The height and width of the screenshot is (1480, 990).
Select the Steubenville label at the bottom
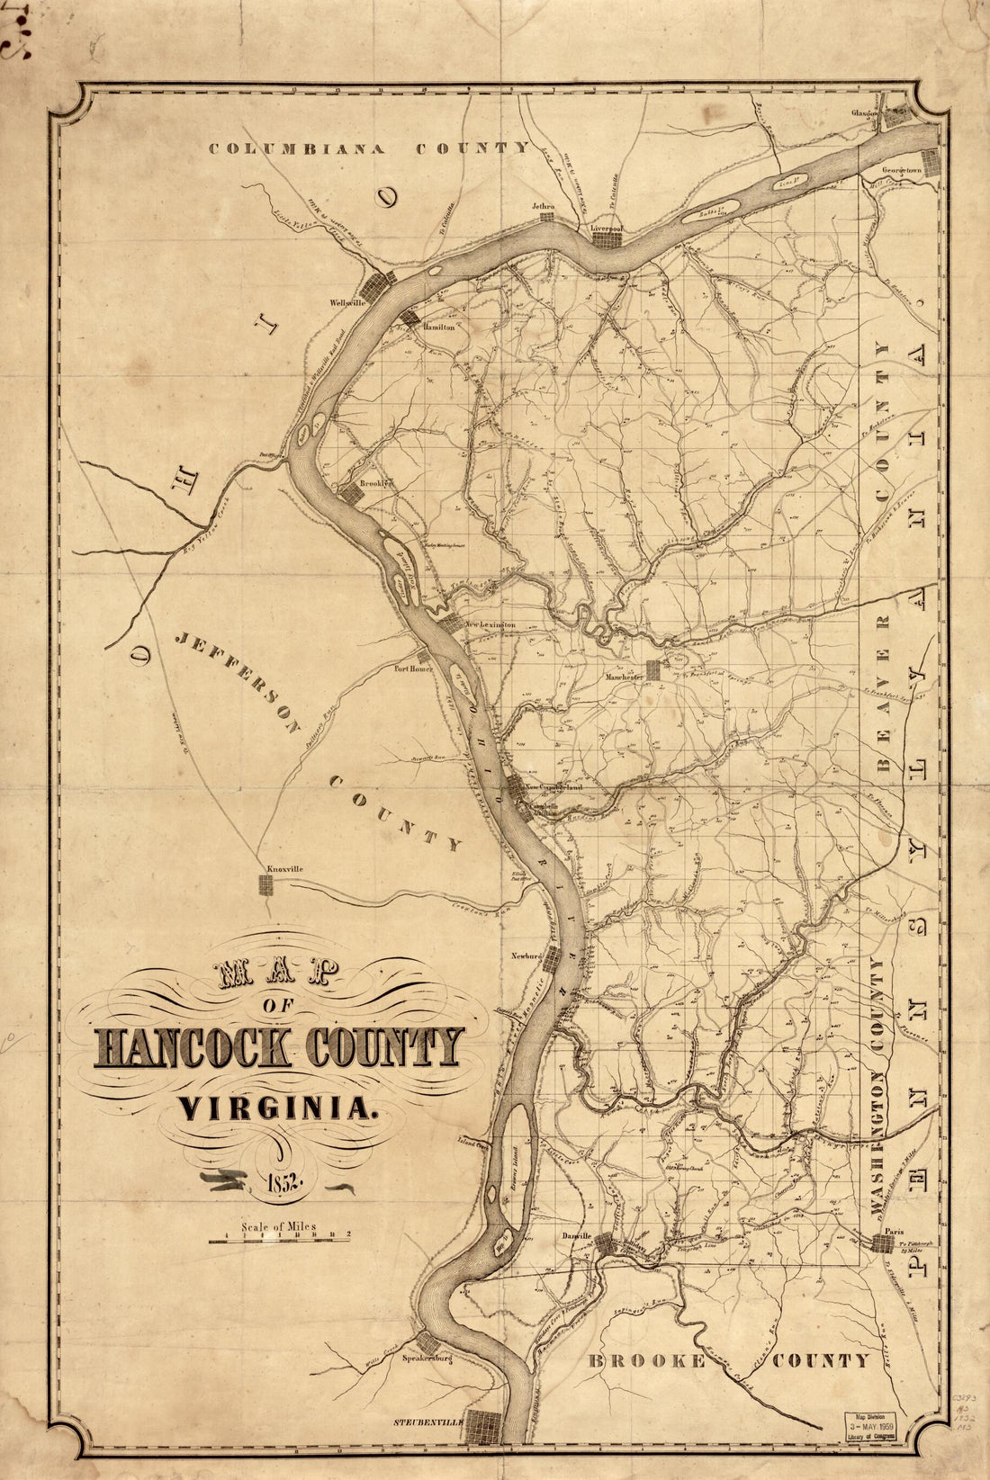click(427, 1422)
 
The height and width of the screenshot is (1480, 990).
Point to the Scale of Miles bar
click(279, 1241)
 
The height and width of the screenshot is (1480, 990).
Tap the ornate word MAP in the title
click(276, 973)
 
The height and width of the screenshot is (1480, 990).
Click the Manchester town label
click(626, 676)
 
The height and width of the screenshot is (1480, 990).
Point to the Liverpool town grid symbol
click(607, 244)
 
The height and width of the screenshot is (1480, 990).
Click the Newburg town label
click(526, 955)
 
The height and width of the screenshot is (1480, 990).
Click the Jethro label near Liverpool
click(543, 206)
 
